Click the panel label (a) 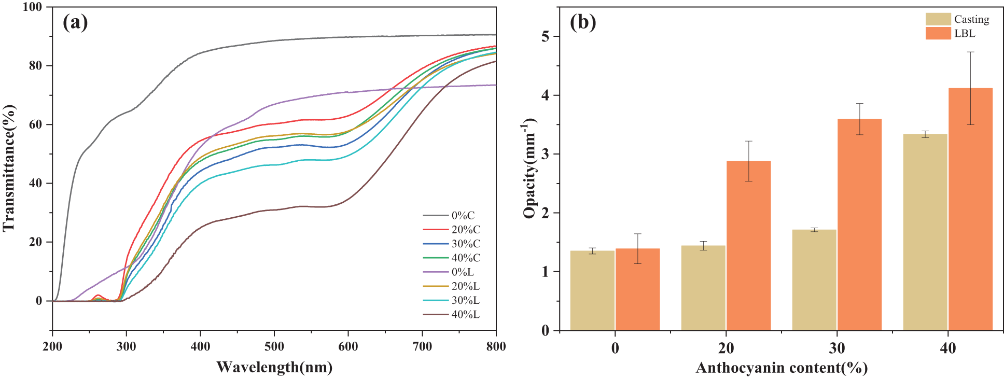click(x=75, y=22)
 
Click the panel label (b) click(x=582, y=22)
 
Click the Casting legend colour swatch click(x=938, y=19)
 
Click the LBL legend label click(x=965, y=33)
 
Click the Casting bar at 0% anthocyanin click(x=592, y=290)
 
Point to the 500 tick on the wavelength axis click(x=274, y=346)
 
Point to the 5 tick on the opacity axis click(x=546, y=37)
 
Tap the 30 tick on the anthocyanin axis click(x=837, y=348)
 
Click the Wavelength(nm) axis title click(x=274, y=367)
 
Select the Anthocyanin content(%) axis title click(x=782, y=368)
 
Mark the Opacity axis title click(x=529, y=169)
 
